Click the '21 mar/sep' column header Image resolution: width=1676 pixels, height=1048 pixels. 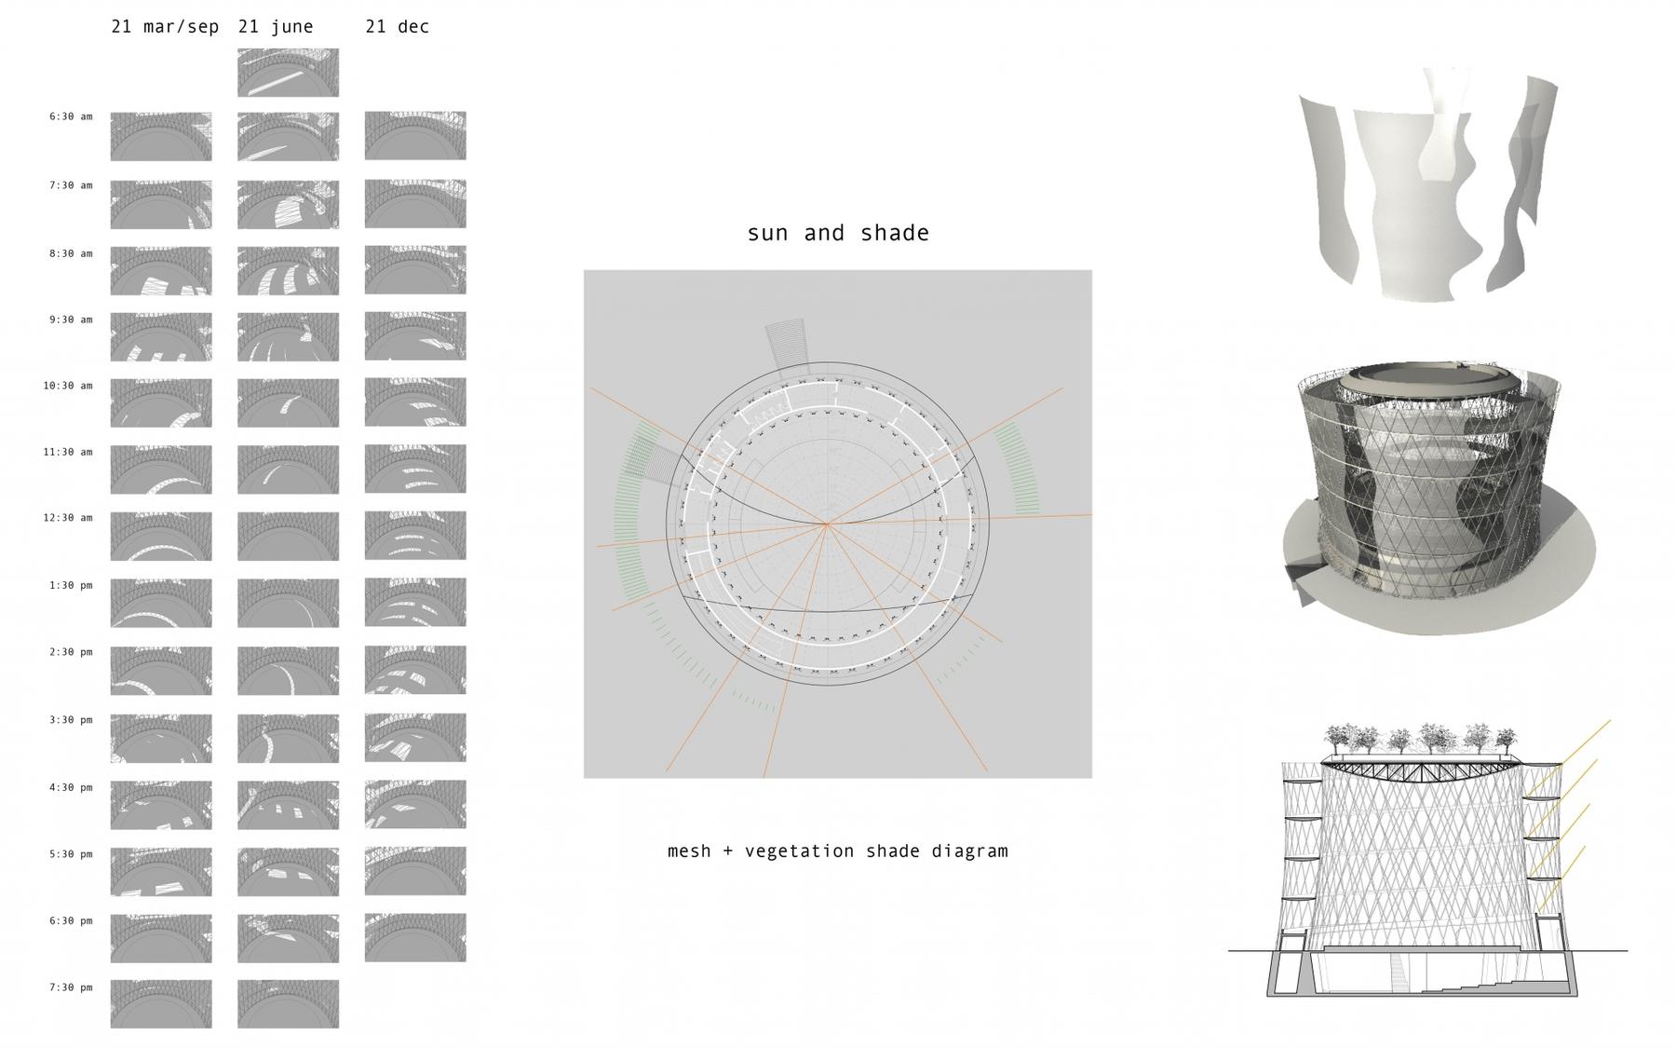(165, 27)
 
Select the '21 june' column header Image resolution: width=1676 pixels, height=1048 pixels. (276, 27)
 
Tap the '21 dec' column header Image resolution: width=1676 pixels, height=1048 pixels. (398, 27)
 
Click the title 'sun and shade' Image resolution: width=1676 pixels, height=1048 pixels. (838, 233)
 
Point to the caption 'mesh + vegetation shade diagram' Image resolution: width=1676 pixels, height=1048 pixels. (838, 851)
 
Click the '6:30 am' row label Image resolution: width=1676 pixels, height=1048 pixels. (71, 116)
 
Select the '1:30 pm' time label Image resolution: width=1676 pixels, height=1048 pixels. (71, 585)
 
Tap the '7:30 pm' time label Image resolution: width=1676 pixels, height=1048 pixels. (71, 987)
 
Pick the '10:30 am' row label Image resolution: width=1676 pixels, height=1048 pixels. (68, 385)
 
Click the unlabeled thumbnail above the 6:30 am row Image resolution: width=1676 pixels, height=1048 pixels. (289, 73)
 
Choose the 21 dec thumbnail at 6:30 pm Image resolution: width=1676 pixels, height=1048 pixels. (415, 937)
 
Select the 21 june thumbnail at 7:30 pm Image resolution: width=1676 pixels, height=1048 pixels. (289, 1004)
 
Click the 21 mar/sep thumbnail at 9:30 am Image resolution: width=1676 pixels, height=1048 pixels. (161, 336)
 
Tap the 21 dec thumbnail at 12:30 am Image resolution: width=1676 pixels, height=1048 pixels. (415, 536)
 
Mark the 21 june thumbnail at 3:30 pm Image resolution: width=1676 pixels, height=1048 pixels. (289, 739)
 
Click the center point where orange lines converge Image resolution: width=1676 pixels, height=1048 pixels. (826, 524)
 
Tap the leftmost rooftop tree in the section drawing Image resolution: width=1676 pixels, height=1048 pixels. (1342, 738)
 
